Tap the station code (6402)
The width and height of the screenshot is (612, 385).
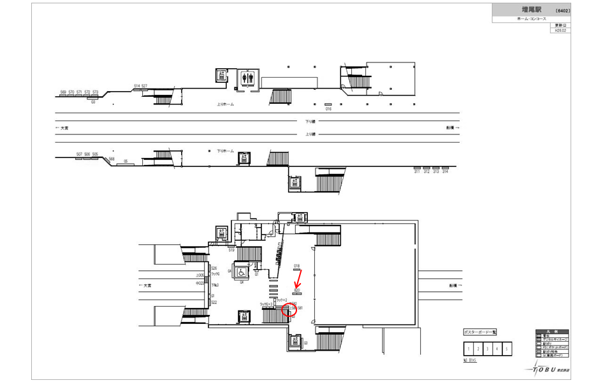(562, 11)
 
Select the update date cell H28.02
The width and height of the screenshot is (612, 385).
(561, 30)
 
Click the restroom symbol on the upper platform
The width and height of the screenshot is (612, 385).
(248, 78)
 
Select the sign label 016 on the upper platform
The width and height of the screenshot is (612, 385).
(328, 108)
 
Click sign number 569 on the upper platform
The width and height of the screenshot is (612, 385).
(63, 92)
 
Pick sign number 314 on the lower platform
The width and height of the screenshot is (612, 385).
(446, 172)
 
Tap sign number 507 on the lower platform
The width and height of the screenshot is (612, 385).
(79, 154)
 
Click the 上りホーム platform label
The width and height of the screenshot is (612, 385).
(225, 103)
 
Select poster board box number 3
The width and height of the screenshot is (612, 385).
(487, 349)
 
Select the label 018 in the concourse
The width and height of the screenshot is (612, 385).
(296, 265)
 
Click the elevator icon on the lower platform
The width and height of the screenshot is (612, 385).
(243, 157)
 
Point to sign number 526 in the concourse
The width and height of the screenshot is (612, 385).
(214, 268)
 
